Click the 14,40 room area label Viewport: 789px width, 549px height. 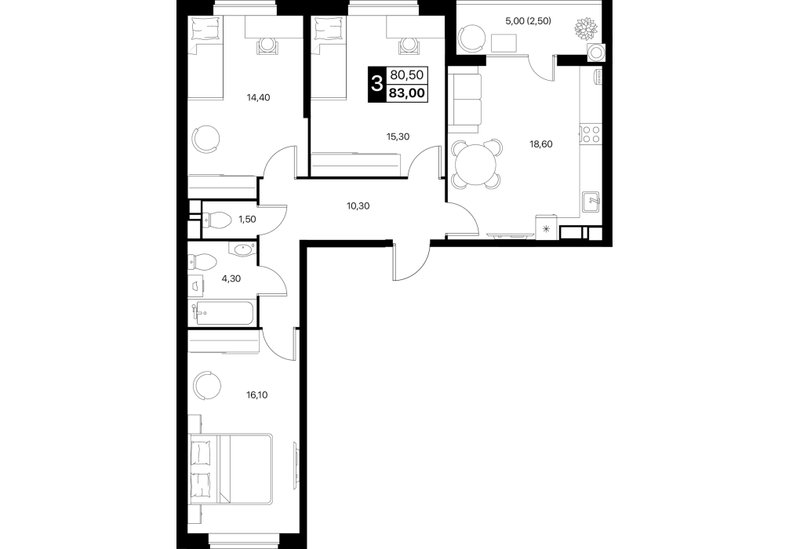[x=258, y=97]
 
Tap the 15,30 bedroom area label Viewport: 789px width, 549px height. [x=398, y=136]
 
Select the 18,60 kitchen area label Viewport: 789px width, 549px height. [x=541, y=144]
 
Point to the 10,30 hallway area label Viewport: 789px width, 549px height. [x=358, y=205]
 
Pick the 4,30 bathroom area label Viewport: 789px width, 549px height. [x=231, y=278]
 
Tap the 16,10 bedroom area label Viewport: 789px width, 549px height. [x=256, y=395]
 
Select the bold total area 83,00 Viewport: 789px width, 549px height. [x=406, y=93]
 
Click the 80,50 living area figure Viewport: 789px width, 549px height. [x=406, y=75]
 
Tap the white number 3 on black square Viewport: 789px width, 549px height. [x=376, y=84]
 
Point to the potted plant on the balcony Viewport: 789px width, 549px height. [x=586, y=28]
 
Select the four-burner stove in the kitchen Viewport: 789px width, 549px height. [x=591, y=134]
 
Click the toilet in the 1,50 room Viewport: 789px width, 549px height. [x=216, y=220]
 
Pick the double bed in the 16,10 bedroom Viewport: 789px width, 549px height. [x=231, y=469]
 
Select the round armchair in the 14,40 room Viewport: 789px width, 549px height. [x=206, y=139]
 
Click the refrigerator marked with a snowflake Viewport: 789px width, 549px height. [x=547, y=227]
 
